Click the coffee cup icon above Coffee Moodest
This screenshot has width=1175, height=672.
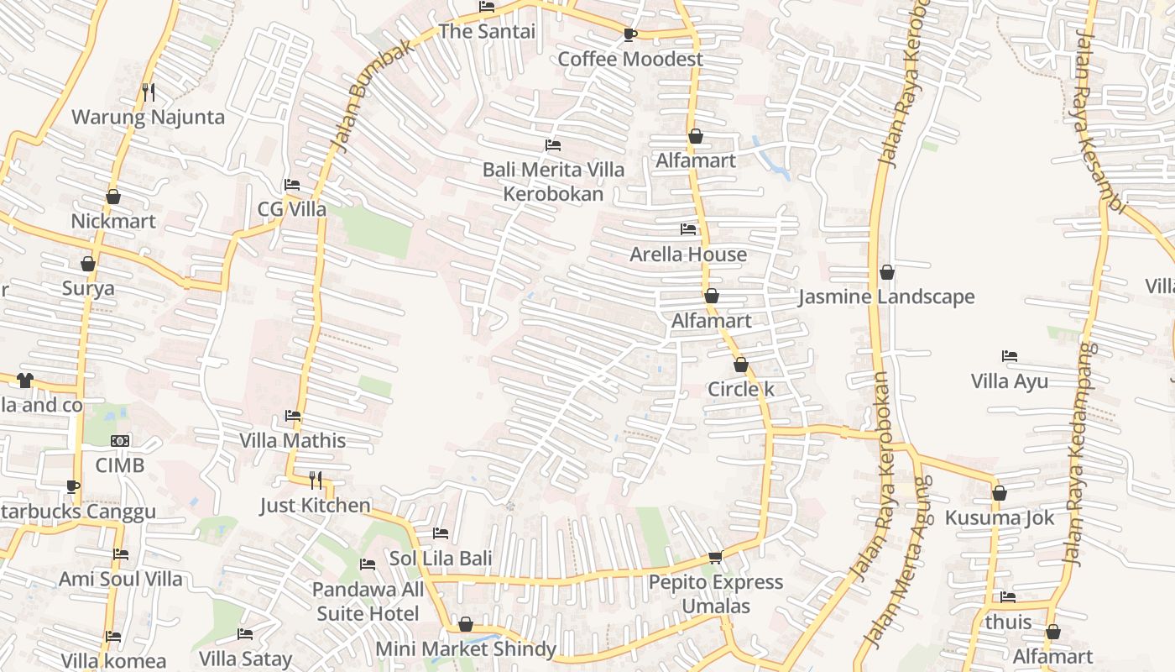tap(629, 34)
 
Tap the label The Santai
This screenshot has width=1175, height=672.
tap(487, 32)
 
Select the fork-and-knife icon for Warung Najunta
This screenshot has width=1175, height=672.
tap(149, 92)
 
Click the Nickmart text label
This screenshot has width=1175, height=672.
tap(113, 221)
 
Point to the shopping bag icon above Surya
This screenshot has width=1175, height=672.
tap(88, 264)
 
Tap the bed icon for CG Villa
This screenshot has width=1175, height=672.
tap(292, 185)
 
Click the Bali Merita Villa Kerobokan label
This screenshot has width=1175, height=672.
tap(553, 181)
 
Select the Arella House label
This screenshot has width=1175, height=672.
tap(688, 254)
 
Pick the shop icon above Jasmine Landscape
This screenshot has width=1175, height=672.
tap(886, 272)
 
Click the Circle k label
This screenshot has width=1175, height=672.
tap(740, 389)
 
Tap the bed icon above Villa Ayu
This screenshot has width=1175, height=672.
tap(1010, 356)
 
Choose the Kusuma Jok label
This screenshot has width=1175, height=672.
tap(999, 517)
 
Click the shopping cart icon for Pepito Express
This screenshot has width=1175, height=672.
tap(715, 557)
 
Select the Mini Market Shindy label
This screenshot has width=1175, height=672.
tap(465, 648)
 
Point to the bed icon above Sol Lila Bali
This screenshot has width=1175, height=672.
tap(440, 533)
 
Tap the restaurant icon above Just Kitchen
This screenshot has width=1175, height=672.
tap(316, 480)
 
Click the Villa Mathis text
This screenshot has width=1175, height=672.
tap(292, 440)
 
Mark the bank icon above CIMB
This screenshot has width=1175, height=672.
tap(120, 440)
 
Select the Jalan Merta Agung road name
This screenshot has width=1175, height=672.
tap(898, 563)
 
